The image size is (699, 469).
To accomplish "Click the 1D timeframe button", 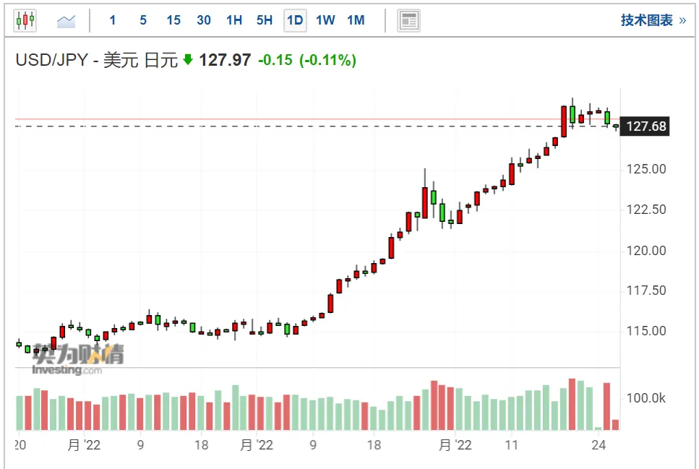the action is click(295, 20).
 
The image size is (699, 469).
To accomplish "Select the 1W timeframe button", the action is click(325, 20).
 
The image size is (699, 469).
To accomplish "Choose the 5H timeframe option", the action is click(265, 20).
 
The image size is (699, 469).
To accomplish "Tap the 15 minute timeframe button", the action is click(173, 20).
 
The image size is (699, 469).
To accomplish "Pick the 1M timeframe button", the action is click(356, 20).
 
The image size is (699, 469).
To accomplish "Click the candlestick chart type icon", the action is click(25, 20).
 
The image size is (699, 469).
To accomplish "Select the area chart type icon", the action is click(66, 21).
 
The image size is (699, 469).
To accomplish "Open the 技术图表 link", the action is click(653, 20).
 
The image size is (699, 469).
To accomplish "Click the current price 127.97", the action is click(225, 60).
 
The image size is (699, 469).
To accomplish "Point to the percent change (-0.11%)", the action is click(327, 60).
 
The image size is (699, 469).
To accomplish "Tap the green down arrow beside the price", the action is click(188, 59).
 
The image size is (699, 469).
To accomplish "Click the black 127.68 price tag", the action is click(645, 126).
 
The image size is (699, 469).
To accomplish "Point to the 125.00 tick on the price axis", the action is click(646, 169).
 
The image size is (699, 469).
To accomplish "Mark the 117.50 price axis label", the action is click(646, 291).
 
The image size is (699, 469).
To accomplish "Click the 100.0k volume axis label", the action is click(646, 398).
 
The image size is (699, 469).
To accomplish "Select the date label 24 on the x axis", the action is click(599, 445).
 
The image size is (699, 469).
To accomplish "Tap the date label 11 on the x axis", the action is click(511, 445).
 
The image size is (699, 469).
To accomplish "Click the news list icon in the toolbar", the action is click(408, 20).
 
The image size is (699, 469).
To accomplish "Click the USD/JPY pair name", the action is click(52, 60).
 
